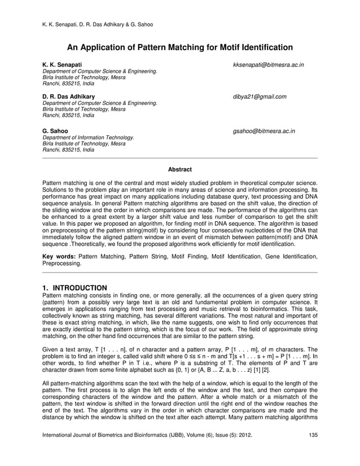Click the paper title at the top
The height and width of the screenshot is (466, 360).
[180, 47]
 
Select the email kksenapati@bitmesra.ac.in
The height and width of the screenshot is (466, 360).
[269, 65]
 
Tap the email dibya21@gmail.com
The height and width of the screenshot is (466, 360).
[260, 97]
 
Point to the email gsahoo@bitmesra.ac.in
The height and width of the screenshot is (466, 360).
[264, 131]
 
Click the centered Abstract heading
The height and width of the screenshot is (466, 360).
[180, 169]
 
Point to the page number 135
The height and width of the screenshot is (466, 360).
[313, 450]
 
